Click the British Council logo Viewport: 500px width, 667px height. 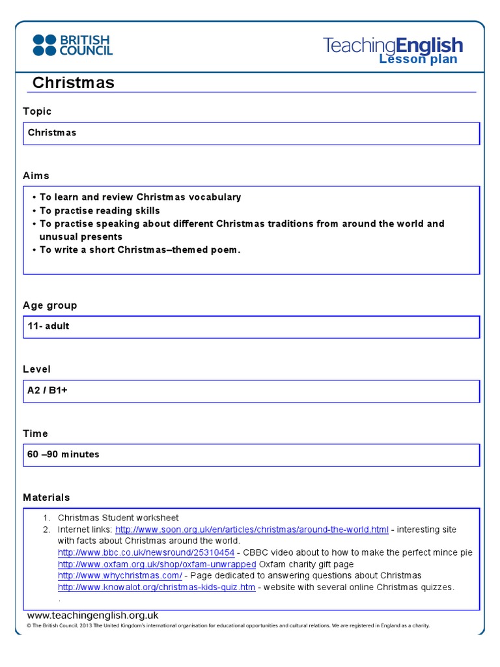coord(72,45)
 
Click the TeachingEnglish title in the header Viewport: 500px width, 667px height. coord(393,46)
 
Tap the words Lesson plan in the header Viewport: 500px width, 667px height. coord(418,60)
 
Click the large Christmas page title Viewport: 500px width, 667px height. coord(73,83)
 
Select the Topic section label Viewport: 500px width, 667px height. coord(37,111)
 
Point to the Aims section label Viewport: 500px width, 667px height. coord(36,176)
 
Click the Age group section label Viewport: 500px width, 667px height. coord(49,305)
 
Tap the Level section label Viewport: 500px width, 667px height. coord(36,369)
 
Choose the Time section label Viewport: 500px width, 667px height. coord(35,433)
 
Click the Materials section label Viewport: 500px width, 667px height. coord(46,497)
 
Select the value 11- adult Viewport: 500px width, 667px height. coord(48,326)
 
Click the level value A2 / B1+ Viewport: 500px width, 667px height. coord(48,390)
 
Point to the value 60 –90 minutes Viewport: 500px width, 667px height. coord(63,454)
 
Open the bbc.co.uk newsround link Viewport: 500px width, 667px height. coord(146,552)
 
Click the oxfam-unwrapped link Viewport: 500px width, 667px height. coord(156,564)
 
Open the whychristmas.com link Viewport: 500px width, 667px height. coord(120,576)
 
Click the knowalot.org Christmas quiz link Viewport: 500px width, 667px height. coord(156,588)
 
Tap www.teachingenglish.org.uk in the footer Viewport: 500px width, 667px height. coord(92,616)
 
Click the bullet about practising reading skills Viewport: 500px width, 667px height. coord(99,210)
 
